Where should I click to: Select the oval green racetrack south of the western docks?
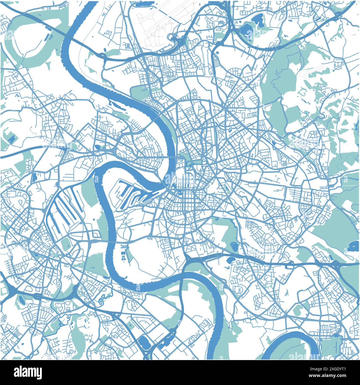coord(66,244)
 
